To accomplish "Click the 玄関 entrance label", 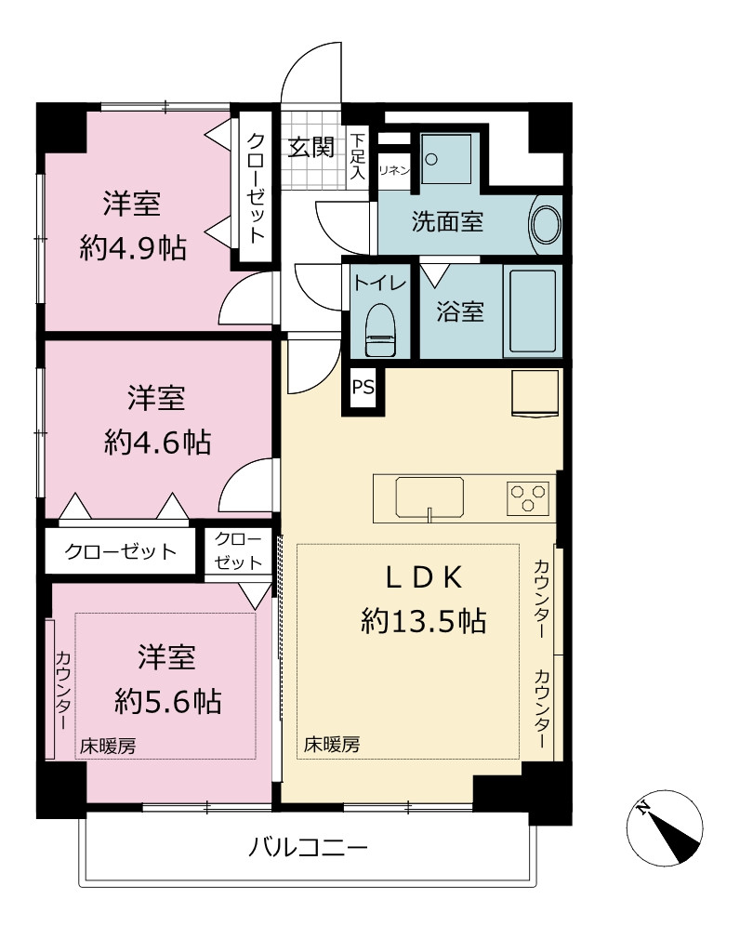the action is tap(310, 147).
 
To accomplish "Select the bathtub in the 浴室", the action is tap(532, 311).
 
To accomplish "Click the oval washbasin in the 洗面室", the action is tap(547, 224).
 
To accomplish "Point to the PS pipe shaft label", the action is tap(363, 388).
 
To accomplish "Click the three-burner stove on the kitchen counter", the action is tap(527, 497).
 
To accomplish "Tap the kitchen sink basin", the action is tap(429, 497).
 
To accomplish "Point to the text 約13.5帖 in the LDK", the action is tap(424, 621).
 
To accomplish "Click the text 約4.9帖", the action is tap(133, 248).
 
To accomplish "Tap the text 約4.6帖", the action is tap(158, 442).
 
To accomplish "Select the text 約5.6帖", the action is tap(168, 702).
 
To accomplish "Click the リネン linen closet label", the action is tap(394, 171).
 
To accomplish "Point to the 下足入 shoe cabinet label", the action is tap(358, 157).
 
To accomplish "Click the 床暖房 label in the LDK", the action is tap(332, 745).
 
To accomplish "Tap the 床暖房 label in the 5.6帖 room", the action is tap(108, 747).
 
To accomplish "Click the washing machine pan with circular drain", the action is tap(446, 159).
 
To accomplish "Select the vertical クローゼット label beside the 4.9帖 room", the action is tap(255, 189).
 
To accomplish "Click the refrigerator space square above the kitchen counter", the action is tap(535, 393).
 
